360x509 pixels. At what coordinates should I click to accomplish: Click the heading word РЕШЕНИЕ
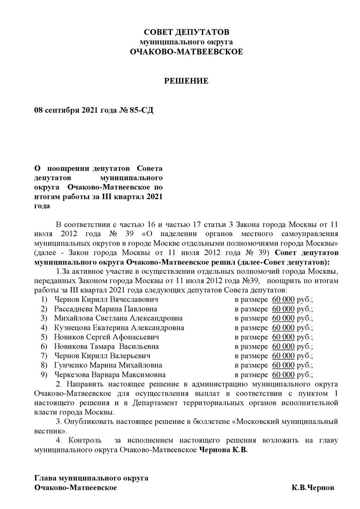[x=186, y=81]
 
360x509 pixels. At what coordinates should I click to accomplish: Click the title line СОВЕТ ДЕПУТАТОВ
[x=186, y=32]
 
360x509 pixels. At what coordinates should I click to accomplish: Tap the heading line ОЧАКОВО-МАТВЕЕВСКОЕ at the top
[x=186, y=51]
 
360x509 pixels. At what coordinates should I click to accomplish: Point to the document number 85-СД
[x=141, y=110]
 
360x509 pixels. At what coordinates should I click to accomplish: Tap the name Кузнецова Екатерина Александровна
[x=119, y=328]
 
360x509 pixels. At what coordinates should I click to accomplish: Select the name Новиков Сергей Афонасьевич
[x=107, y=337]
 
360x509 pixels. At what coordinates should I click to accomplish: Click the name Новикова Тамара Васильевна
[x=108, y=347]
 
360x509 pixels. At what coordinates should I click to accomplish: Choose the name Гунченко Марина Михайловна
[x=108, y=365]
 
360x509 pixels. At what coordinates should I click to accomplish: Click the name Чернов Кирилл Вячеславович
[x=106, y=299]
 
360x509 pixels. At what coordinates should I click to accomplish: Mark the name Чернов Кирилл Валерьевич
[x=103, y=356]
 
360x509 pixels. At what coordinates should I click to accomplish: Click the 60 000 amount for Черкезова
[x=283, y=374]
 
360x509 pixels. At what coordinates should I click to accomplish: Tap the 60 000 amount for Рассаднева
[x=283, y=309]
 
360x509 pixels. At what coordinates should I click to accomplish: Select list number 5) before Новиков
[x=44, y=337]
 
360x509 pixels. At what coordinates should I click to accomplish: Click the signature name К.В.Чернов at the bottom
[x=313, y=487]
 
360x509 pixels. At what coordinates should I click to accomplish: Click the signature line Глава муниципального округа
[x=91, y=477]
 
